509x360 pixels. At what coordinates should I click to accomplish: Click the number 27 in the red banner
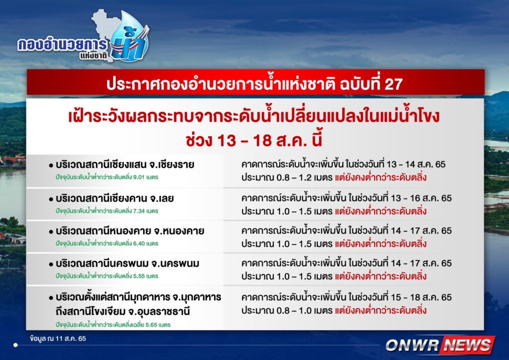click(x=393, y=84)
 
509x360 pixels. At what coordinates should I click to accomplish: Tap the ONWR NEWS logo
click(x=440, y=345)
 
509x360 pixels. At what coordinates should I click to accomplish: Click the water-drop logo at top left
click(x=130, y=36)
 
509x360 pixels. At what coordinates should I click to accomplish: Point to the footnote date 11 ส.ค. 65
click(x=71, y=339)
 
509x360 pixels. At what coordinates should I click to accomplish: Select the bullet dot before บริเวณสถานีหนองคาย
click(x=51, y=232)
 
